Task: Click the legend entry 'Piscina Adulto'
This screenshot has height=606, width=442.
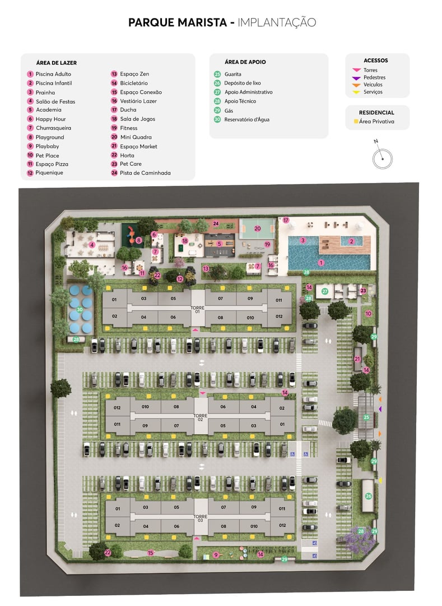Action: click(53, 74)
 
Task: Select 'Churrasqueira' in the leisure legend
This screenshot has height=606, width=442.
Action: click(53, 128)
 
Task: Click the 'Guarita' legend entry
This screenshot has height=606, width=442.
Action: click(232, 74)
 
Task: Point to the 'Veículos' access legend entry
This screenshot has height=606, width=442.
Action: click(373, 85)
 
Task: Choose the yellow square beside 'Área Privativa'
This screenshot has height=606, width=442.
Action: click(356, 121)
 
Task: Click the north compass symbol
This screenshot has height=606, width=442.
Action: click(382, 158)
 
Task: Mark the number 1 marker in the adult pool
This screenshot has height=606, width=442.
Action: click(321, 262)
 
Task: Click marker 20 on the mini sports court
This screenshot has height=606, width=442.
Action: click(258, 228)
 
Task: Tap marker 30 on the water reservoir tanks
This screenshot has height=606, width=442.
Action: click(80, 309)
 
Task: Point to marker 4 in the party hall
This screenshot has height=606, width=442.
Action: click(91, 245)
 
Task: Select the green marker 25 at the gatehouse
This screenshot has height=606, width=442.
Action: click(366, 417)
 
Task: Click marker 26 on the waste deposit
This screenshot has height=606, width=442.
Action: click(368, 496)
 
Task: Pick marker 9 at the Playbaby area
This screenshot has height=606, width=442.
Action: click(216, 555)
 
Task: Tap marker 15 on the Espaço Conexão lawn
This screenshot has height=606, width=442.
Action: click(150, 553)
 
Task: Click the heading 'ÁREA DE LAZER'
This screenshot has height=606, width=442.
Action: click(56, 63)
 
